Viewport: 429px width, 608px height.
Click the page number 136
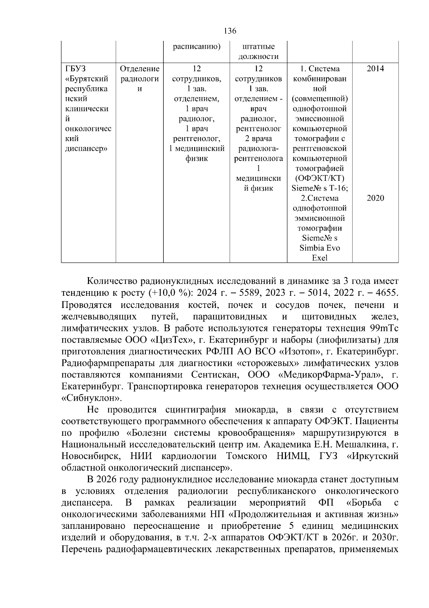click(x=230, y=31)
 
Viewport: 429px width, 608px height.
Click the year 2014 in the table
click(x=375, y=69)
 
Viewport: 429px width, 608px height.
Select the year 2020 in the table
click(x=375, y=198)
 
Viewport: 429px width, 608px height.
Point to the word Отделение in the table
click(x=139, y=69)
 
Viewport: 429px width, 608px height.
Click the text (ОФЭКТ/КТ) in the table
click(x=320, y=178)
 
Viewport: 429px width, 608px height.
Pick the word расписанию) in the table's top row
click(x=196, y=47)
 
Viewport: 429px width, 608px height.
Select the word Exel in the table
click(x=320, y=258)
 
